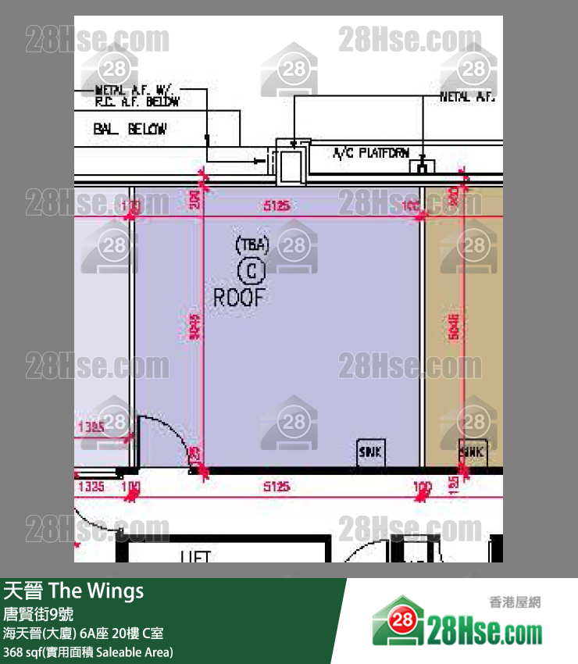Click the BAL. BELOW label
pyautogui.click(x=130, y=129)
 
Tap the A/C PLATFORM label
pyautogui.click(x=371, y=154)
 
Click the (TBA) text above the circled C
pyautogui.click(x=252, y=245)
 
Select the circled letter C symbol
pyautogui.click(x=252, y=270)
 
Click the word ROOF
pyautogui.click(x=240, y=297)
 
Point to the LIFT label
pyautogui.click(x=196, y=557)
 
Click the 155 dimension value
pyautogui.click(x=454, y=486)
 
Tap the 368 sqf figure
pyautogui.click(x=23, y=652)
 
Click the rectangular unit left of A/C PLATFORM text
pyautogui.click(x=292, y=165)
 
